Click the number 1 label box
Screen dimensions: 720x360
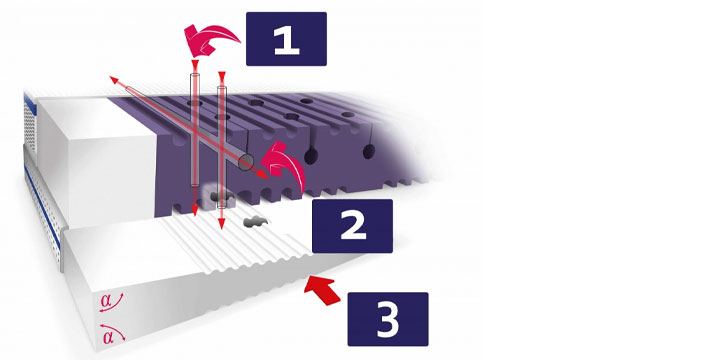(x=286, y=39)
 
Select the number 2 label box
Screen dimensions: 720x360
(x=352, y=226)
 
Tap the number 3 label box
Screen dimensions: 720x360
(x=388, y=319)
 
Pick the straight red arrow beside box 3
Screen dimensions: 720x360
(x=321, y=290)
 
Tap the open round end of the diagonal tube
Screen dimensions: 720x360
(x=246, y=162)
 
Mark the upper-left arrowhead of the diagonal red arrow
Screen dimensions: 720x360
(x=113, y=80)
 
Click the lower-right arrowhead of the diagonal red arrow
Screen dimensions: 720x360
(x=264, y=175)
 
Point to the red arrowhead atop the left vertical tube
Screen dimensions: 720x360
(x=195, y=64)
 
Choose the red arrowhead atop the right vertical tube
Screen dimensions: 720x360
(x=221, y=76)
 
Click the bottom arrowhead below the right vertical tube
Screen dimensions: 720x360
(x=221, y=225)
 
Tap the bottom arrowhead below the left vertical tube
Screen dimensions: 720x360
(x=195, y=211)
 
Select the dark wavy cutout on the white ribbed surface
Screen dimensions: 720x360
(x=255, y=223)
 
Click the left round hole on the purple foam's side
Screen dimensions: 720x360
(x=311, y=157)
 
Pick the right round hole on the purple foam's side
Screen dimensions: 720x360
(x=369, y=152)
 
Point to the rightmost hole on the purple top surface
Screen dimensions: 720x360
(x=348, y=114)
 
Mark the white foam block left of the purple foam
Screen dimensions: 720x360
(x=96, y=161)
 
